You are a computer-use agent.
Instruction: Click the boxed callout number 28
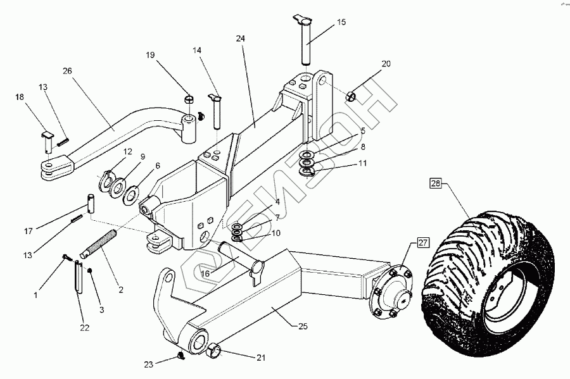[436, 184]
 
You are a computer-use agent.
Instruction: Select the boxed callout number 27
[423, 242]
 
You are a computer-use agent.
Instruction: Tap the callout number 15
[341, 22]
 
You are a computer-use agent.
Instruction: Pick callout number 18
[20, 97]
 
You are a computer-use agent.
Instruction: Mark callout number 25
[303, 326]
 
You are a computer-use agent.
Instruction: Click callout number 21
[260, 357]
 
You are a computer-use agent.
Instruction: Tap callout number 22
[84, 328]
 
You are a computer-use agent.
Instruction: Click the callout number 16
[205, 274]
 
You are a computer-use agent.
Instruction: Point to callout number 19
[150, 55]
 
